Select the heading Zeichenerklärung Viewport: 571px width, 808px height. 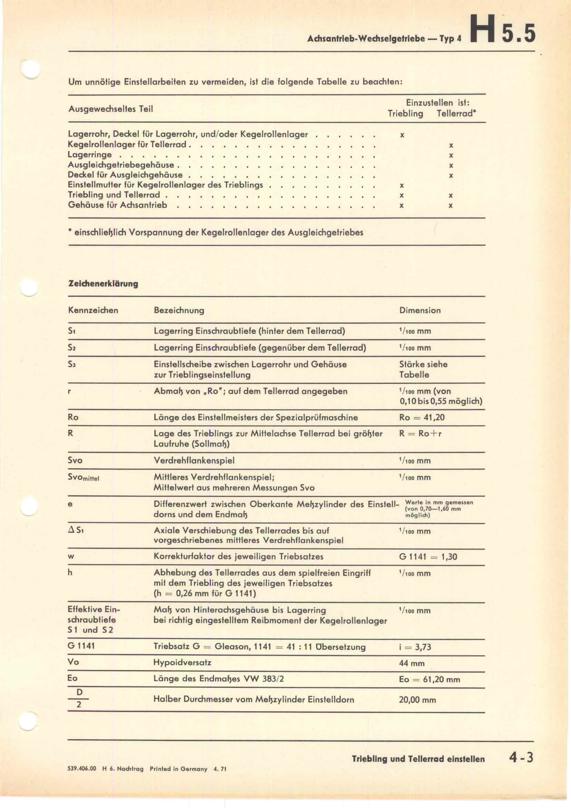pos(103,284)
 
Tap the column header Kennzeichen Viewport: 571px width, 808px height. pos(93,310)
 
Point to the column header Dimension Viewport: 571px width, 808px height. pos(420,310)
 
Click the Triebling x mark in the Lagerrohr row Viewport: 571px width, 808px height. pos(402,135)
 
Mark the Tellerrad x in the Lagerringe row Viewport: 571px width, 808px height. pos(451,155)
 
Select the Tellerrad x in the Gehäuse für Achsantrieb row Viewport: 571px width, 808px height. pos(451,206)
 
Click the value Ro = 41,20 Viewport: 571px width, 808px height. pos(422,417)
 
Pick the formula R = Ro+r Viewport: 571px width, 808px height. pos(420,433)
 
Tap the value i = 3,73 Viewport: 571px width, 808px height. pos(415,647)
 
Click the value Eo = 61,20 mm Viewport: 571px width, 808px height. pos(429,679)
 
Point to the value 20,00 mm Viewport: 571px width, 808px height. pos(417,700)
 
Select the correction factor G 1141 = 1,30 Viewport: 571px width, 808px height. pos(428,557)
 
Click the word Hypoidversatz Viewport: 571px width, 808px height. pos(182,662)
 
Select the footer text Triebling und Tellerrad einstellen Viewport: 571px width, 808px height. pos(418,759)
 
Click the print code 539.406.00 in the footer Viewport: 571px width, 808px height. pos(81,769)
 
